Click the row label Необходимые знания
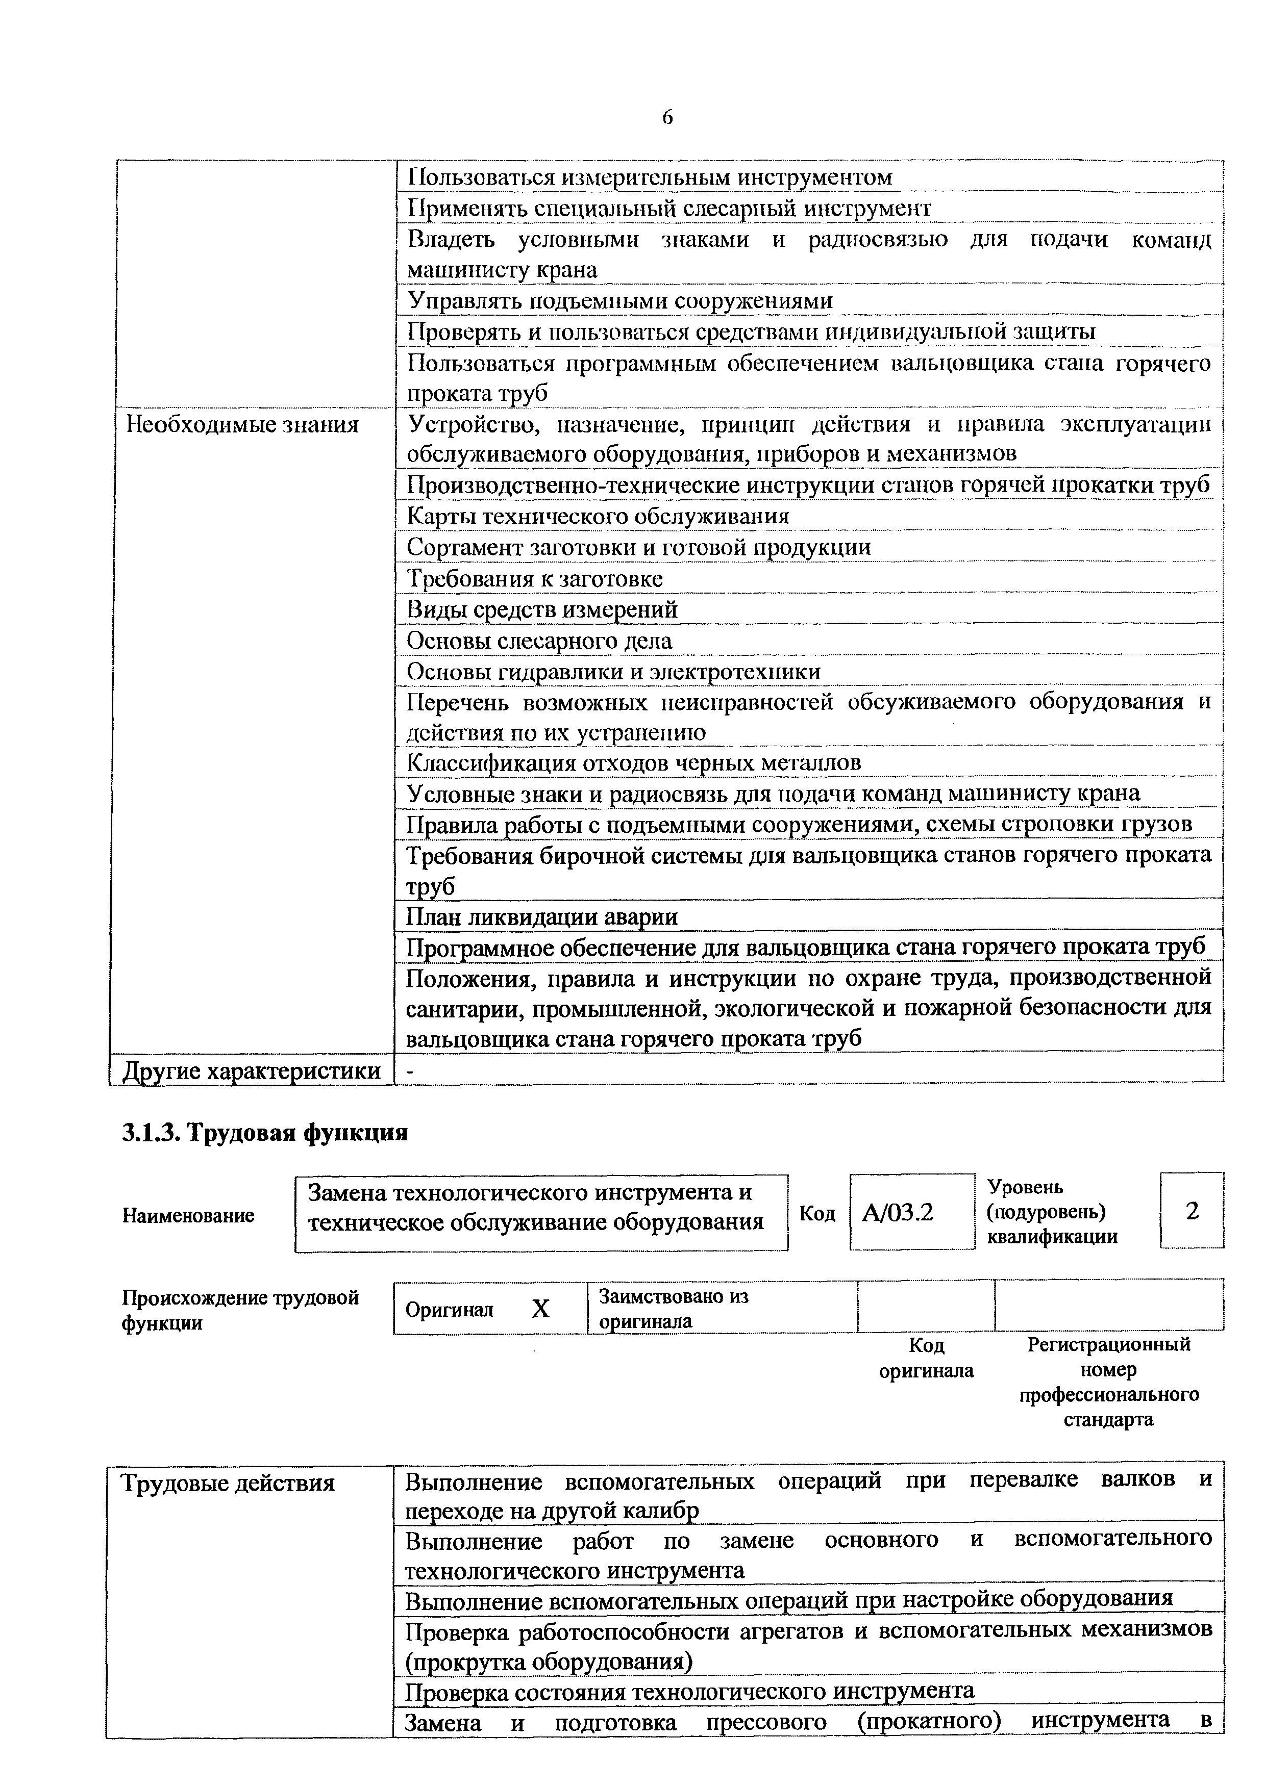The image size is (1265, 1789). click(242, 425)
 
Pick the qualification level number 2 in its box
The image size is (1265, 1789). click(1192, 1211)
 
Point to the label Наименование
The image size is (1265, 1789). click(189, 1215)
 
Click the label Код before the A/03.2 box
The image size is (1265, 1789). click(817, 1214)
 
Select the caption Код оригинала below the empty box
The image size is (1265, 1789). click(926, 1358)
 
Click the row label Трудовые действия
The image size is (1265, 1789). click(228, 1483)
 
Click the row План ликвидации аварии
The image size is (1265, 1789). click(542, 917)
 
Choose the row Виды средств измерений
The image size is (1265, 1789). click(542, 610)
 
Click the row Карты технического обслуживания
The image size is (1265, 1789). click(598, 517)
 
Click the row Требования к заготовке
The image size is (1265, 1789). click(535, 579)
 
